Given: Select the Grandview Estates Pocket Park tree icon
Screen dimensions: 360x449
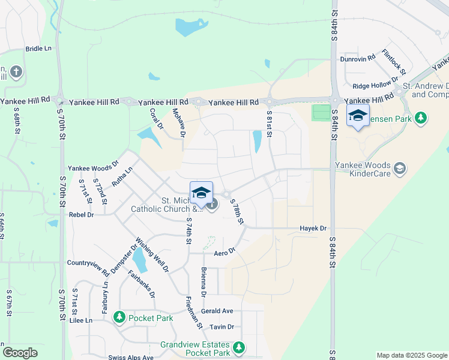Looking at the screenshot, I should tap(240, 347).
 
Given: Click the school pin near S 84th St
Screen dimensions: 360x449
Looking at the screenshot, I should tap(358, 116).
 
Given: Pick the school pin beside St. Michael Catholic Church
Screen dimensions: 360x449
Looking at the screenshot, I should tap(201, 193).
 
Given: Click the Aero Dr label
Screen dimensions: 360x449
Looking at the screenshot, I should tap(222, 253).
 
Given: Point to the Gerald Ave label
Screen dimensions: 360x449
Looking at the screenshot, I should tap(217, 311).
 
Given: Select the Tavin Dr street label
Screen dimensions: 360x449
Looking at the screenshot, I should tap(221, 327).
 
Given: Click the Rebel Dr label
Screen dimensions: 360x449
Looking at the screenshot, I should tap(82, 214).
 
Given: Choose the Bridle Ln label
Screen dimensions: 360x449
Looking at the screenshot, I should tap(38, 49).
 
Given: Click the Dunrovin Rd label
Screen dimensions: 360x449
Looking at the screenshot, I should tap(358, 58).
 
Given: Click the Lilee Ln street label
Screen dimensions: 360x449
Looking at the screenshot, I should tap(81, 320).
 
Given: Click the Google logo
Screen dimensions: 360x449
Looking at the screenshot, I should tap(20, 353).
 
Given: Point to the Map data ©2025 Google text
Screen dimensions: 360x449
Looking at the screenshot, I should tap(412, 355).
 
